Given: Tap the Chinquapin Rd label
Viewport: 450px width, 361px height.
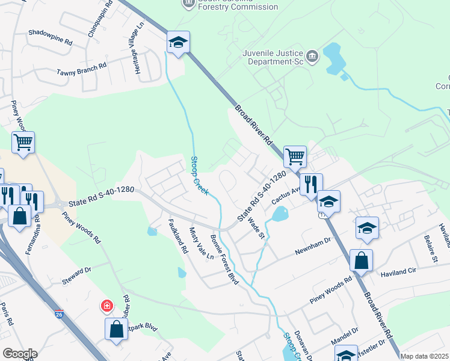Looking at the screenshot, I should coord(100,19).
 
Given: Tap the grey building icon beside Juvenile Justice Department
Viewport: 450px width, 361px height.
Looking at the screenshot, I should coord(312,57).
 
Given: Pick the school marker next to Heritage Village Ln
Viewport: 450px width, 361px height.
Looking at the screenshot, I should coord(178,42).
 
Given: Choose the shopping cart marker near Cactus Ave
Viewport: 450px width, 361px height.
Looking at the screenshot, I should coord(295,157).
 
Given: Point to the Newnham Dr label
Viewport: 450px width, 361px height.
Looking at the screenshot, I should coord(313,246).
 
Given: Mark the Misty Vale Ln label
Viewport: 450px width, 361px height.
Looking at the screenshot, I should coord(202,242).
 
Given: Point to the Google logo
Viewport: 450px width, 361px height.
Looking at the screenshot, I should coord(20,354).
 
